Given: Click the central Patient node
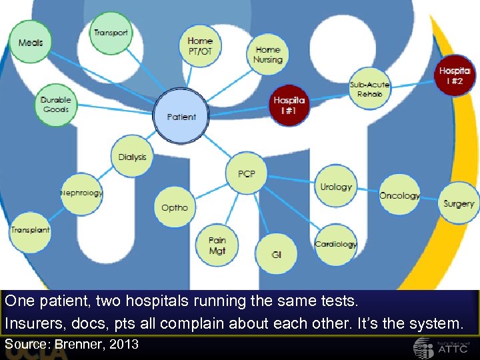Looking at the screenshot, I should click(x=181, y=117).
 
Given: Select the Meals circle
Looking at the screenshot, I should click(x=31, y=43).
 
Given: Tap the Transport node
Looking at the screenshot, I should click(x=111, y=33).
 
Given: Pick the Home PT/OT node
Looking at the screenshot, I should click(x=200, y=46).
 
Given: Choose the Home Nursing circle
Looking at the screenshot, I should click(x=268, y=55).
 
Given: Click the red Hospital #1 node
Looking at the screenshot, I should click(x=289, y=106).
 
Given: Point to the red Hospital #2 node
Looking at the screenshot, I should click(x=455, y=75).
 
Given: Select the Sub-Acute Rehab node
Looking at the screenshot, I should click(x=369, y=89).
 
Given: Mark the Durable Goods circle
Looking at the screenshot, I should click(x=56, y=105).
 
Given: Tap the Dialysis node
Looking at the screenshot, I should click(x=132, y=157).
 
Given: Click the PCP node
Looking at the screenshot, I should click(x=247, y=174).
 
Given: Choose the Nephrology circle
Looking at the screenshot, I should click(x=81, y=193).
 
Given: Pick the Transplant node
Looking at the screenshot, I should click(x=30, y=230).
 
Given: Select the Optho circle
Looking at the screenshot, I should click(x=175, y=207).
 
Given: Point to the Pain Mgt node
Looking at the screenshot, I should click(x=217, y=245).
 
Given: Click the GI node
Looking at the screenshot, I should click(x=276, y=255).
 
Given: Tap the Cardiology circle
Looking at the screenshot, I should click(x=335, y=244).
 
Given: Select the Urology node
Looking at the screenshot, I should click(x=335, y=187).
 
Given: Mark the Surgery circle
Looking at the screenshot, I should click(x=459, y=204).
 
